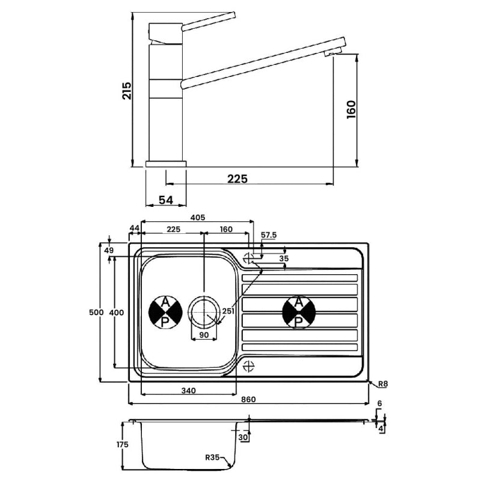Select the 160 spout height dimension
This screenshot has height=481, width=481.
tap(352, 109)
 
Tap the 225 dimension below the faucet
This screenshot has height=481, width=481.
tap(237, 179)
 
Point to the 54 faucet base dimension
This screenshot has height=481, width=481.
tap(167, 199)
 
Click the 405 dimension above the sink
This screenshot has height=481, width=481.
tap(198, 217)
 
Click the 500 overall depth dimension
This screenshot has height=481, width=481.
tap(96, 313)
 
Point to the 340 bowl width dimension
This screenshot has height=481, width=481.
tap(188, 391)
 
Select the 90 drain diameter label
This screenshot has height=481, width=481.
tap(204, 334)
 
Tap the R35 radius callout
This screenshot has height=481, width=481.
tap(213, 458)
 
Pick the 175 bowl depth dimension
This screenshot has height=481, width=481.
tap(123, 445)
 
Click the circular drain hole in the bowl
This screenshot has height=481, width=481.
tap(204, 312)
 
